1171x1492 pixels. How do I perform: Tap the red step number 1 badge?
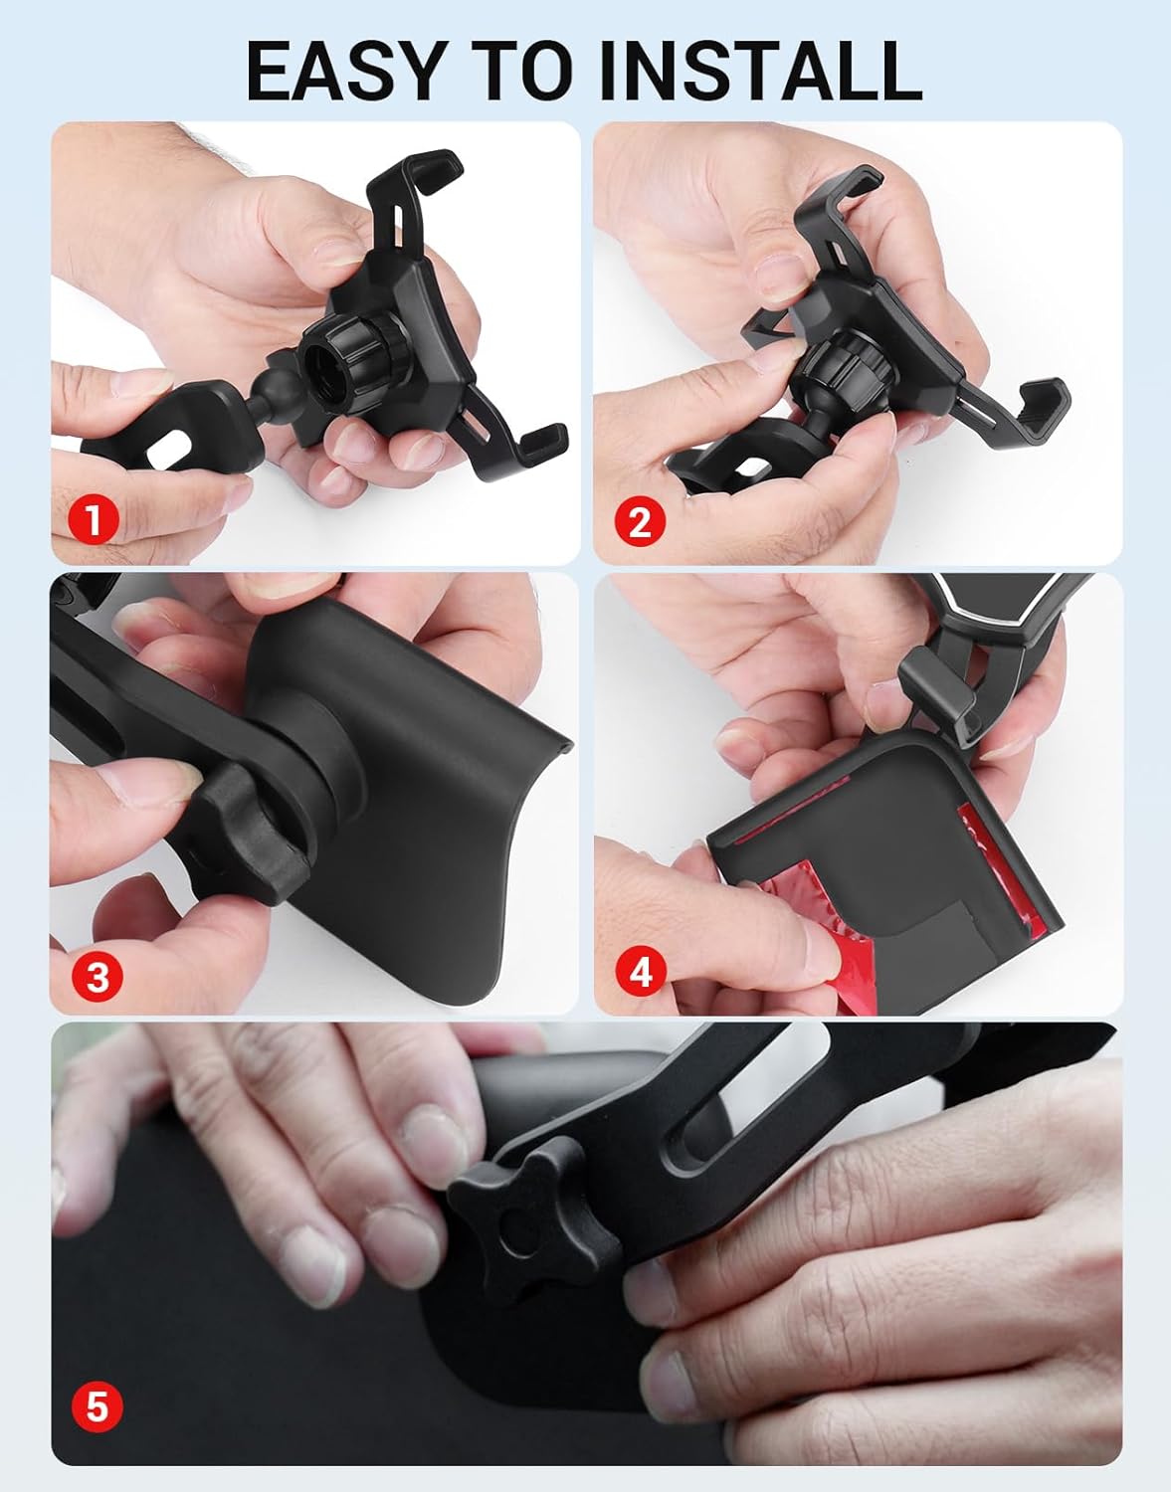(95, 519)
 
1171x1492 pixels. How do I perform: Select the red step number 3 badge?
(97, 976)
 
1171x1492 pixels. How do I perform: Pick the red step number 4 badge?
(641, 972)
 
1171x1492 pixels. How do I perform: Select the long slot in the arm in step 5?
(755, 1092)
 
